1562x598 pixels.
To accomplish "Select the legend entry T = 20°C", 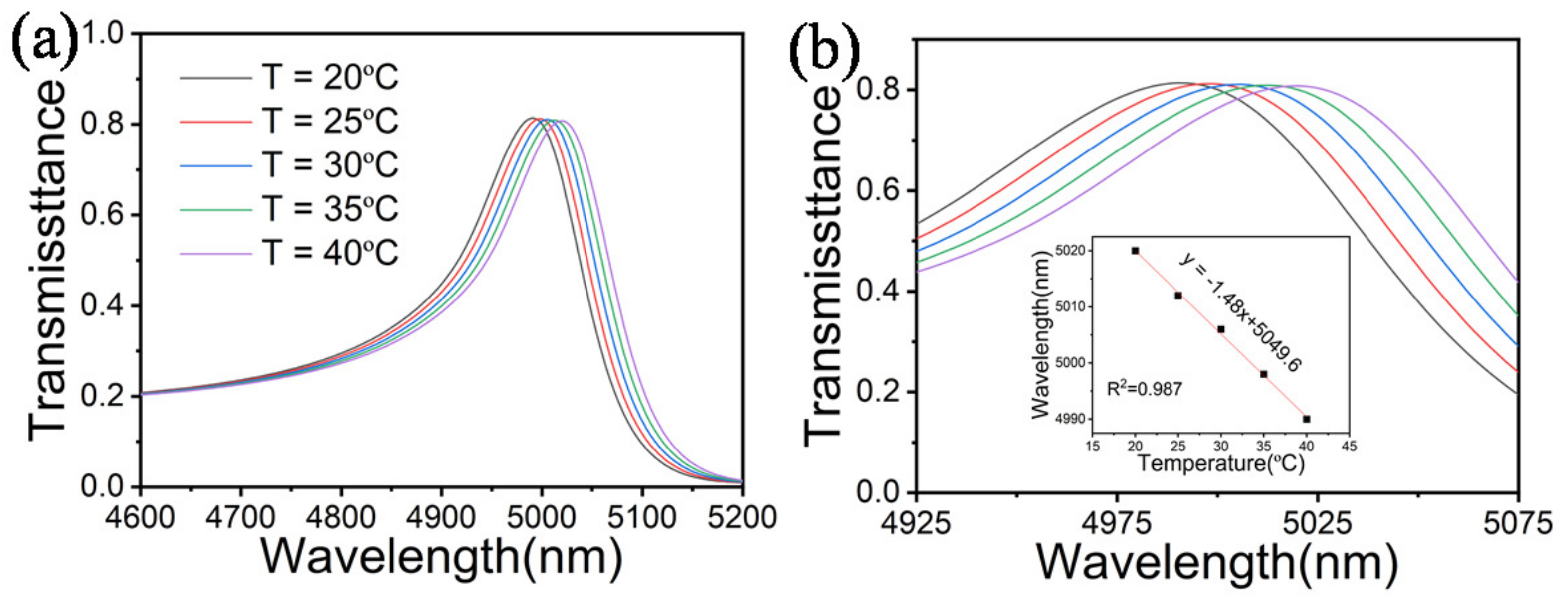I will point(331,78).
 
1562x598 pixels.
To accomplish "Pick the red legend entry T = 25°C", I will point(331,121).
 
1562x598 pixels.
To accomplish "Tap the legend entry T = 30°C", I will point(331,165).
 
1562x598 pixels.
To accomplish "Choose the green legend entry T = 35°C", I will point(331,208).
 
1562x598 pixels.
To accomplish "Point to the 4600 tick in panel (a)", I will point(140,517).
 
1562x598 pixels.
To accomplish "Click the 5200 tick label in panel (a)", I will point(742,517).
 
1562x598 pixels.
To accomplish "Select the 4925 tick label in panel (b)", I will point(916,523).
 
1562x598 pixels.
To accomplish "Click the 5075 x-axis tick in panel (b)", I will point(1518,523).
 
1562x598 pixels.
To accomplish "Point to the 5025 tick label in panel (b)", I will point(1317,523).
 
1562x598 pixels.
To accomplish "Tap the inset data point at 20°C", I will point(1135,250).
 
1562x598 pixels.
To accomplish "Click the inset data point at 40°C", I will point(1307,419).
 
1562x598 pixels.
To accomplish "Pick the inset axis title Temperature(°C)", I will point(1220,464).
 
